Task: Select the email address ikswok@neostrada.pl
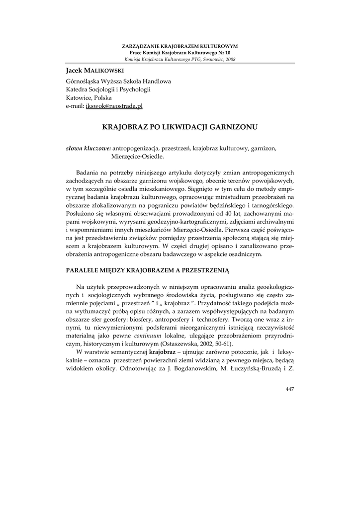[x=114, y=106]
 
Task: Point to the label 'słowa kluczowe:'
[x=89, y=148]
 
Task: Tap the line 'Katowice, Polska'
[x=89, y=98]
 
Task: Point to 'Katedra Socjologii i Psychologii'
[x=108, y=89]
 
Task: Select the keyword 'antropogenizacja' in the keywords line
[x=135, y=148]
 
